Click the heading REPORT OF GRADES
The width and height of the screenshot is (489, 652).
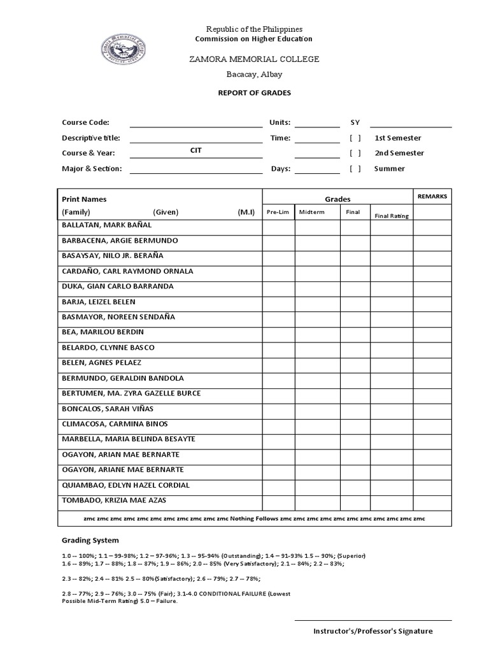point(254,93)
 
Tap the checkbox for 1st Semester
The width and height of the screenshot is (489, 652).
point(355,138)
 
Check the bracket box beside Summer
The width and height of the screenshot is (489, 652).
point(355,169)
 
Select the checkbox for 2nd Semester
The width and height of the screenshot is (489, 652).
point(355,153)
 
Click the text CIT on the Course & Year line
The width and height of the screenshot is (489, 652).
point(196,151)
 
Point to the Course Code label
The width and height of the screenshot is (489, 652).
point(85,122)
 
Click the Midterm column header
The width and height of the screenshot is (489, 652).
point(311,212)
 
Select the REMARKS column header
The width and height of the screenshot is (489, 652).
point(432,197)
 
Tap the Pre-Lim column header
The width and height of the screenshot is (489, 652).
point(278,212)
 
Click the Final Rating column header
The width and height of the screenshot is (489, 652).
point(392,216)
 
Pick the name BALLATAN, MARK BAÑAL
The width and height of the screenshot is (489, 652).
point(107,225)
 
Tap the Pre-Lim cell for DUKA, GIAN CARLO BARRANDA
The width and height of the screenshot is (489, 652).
point(278,287)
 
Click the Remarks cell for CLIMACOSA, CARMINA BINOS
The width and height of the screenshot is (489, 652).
point(432,424)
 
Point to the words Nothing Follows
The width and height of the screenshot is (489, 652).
point(254,519)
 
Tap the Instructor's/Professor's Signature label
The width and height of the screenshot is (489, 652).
point(372,631)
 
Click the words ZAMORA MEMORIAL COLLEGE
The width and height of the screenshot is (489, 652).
point(253,59)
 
